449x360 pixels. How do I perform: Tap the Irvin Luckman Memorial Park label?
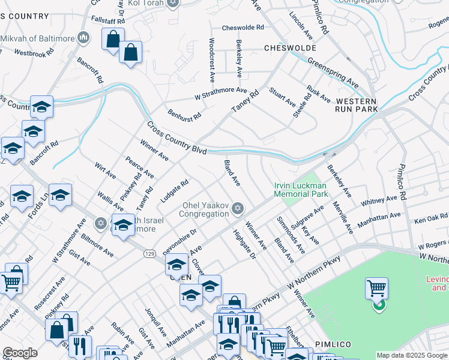[301, 190]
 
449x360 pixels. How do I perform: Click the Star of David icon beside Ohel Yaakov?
[238, 208]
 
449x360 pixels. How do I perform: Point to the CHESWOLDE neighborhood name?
[285, 47]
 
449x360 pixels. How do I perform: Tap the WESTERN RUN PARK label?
[357, 105]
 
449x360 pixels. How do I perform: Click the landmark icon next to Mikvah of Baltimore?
[83, 39]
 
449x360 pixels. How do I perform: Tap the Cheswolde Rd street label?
[243, 28]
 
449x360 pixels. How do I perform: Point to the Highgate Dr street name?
[244, 245]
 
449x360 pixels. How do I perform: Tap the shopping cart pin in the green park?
[376, 289]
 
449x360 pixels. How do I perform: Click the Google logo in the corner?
[20, 353]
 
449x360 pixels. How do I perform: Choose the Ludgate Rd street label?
[175, 191]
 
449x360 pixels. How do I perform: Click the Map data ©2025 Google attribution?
[412, 355]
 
